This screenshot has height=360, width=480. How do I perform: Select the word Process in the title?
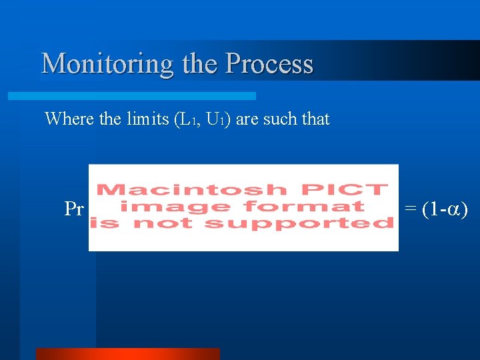click(269, 63)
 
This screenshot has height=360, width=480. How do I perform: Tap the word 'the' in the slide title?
click(199, 63)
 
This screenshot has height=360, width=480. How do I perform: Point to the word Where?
click(69, 119)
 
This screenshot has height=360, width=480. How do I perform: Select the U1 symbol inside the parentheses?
click(215, 120)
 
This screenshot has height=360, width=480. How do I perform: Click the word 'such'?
click(281, 119)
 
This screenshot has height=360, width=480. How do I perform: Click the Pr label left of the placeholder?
click(74, 209)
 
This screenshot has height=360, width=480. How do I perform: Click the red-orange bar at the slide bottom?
click(127, 353)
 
